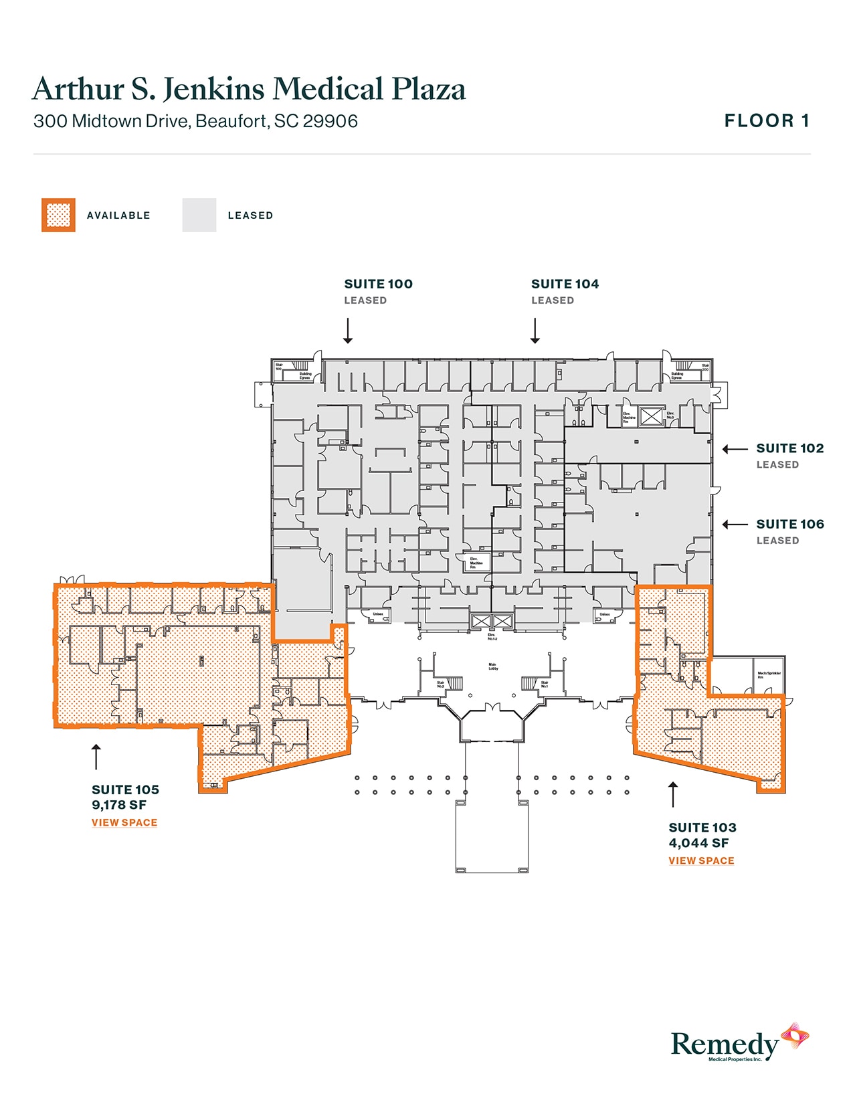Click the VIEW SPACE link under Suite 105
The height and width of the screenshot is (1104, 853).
point(124,822)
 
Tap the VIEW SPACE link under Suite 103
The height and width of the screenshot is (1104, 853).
point(701,860)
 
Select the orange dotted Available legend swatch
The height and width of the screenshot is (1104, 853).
point(58,215)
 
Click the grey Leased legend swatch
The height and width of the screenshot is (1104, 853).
point(199,215)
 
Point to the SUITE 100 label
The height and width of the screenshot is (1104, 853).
point(378,284)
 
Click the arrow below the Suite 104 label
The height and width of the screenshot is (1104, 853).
point(535,331)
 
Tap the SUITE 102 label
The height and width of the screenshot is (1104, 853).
point(789,448)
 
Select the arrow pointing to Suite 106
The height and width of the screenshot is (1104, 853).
point(735,525)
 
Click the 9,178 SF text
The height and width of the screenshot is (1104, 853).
point(119,805)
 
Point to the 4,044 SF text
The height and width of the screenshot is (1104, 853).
point(698,843)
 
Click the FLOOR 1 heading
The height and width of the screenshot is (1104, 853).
point(767,121)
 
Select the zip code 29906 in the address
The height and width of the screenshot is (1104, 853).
point(330,121)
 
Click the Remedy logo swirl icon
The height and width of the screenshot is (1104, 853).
point(795,1038)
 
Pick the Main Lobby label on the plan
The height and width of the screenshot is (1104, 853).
point(493,666)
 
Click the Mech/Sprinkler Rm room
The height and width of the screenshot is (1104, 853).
point(768,674)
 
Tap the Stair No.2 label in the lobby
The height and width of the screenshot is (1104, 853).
point(441,684)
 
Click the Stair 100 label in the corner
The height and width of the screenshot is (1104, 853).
point(279,367)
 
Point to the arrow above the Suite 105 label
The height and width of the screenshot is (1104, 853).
point(96,756)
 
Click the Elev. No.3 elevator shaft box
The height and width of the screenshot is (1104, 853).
point(650,416)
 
